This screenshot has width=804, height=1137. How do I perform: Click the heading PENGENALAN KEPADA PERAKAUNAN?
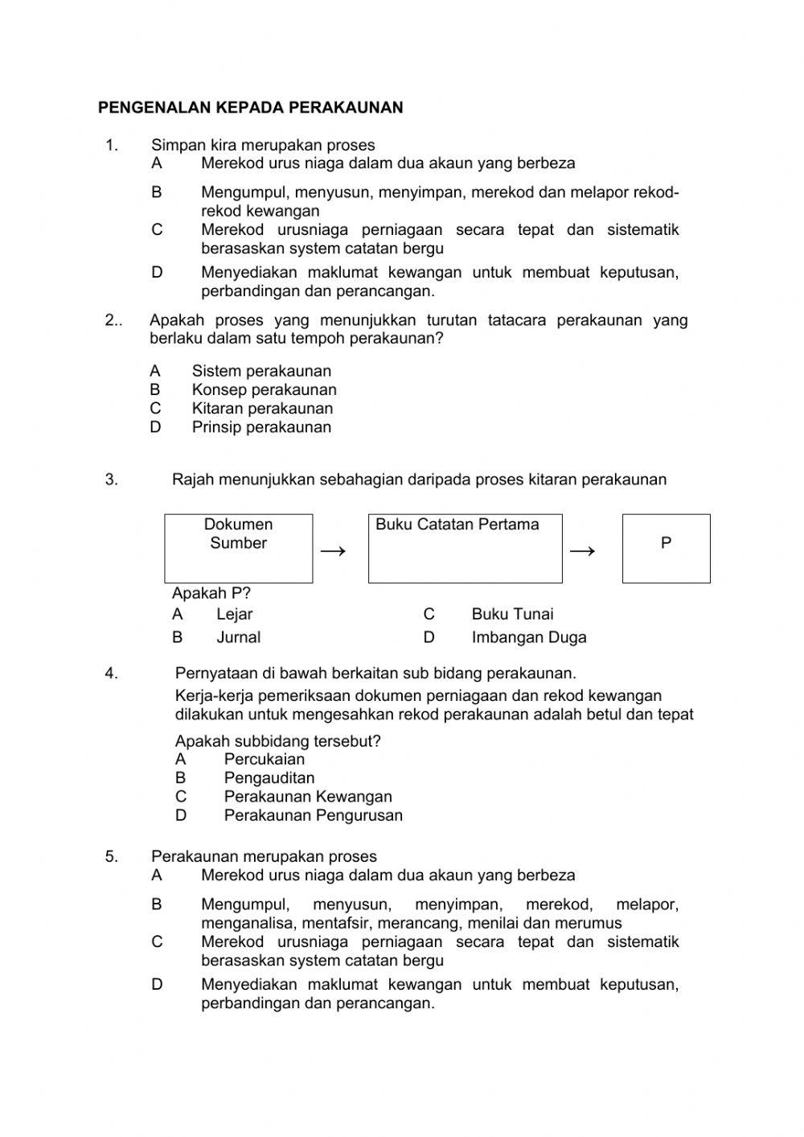pos(250,107)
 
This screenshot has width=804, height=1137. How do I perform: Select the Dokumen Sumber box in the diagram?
pos(238,548)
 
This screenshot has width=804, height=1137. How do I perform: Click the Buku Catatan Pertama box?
pos(465,548)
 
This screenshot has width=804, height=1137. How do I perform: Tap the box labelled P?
pos(666,548)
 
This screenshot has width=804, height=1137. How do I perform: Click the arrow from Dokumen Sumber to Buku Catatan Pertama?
pos(333,551)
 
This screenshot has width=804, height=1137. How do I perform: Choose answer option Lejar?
pos(234,614)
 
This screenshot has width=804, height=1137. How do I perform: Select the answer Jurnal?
pos(238,637)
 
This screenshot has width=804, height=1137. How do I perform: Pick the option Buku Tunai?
pos(512,614)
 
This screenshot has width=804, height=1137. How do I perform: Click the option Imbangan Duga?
pos(528,637)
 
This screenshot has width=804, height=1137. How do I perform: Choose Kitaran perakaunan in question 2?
pos(261,408)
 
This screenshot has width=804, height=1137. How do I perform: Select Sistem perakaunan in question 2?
pos(260,371)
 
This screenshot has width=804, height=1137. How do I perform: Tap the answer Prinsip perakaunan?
pos(260,427)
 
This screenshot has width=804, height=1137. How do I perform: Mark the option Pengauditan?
pos(269,778)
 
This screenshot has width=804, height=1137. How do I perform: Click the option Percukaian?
pos(264,759)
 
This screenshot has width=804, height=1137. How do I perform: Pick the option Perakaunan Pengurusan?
pos(313,815)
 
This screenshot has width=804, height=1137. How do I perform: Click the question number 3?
pos(111,480)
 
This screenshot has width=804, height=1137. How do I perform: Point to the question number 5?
pos(111,856)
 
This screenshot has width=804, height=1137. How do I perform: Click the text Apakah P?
pos(211,593)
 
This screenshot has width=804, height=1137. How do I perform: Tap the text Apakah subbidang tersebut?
pos(277,740)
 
